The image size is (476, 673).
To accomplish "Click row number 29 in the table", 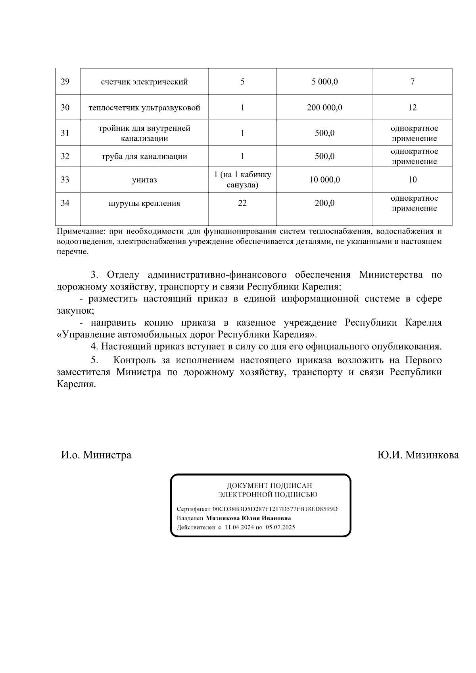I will pos(65,82).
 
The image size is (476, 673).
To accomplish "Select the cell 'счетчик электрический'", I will pos(144,82).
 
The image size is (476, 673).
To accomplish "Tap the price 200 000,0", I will pos(324,107).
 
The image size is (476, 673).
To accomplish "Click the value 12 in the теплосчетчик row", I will pos(412,107).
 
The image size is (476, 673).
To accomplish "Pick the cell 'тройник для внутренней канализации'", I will pos(144,133).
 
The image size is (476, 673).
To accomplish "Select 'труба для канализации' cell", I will pos(144,156).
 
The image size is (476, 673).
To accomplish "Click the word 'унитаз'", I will pos(144,180).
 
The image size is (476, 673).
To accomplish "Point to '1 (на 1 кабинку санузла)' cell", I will pos(242,180).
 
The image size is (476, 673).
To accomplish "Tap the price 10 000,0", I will pos(324,180).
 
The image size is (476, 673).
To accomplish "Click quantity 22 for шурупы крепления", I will pos(242,203).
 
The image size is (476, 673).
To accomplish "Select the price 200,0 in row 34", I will pos(324,203).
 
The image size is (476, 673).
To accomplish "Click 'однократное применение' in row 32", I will pos(414,156).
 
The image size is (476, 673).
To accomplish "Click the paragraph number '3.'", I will pos(94,275).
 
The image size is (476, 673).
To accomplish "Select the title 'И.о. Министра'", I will pos(96,455).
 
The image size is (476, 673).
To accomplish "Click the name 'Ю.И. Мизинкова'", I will pos(418,455).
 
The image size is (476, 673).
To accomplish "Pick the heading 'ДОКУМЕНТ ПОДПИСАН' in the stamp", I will pos(269,485).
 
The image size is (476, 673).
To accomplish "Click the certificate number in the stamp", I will pos(275,509).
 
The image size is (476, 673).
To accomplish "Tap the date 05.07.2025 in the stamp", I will pos(280,527).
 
